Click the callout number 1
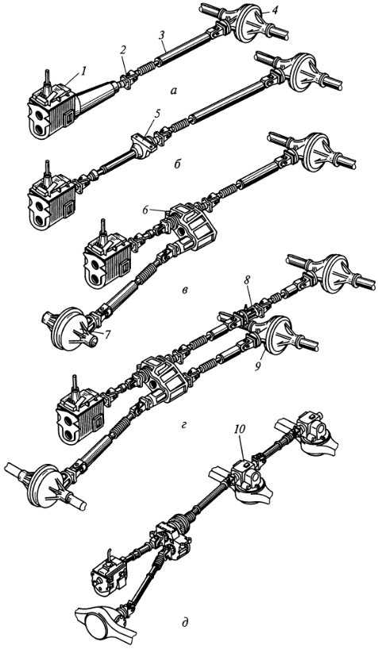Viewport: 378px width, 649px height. (x=83, y=71)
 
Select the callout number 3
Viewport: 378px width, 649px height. (x=163, y=37)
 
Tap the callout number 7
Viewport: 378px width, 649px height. (x=107, y=334)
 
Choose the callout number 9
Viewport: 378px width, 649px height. (x=257, y=366)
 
